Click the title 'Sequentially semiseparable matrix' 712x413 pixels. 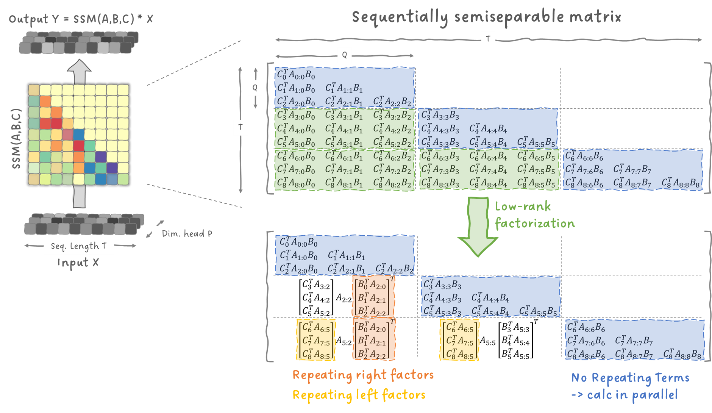pos(486,17)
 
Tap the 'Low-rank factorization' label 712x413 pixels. pos(534,215)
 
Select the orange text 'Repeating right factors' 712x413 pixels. pos(363,375)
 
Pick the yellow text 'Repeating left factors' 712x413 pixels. pos(359,395)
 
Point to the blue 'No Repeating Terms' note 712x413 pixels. pos(630,378)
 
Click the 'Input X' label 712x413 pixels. pos(78,263)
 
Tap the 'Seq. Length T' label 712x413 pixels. pos(79,246)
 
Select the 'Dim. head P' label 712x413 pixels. pos(187,234)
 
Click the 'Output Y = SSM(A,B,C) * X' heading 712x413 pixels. pos(81,19)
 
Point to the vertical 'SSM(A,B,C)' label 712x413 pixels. pos(16,139)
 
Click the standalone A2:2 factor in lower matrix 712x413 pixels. pos(344,299)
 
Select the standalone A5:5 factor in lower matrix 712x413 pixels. pos(487,342)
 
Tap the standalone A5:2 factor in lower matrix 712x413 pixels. pos(344,342)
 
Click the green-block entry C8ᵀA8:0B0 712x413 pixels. pos(296,183)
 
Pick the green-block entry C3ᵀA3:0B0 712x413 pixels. pos(296,115)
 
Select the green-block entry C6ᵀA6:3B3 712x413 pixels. pos(440,156)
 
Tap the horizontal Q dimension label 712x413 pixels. pos(344,55)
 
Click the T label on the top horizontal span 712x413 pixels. pos(488,39)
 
